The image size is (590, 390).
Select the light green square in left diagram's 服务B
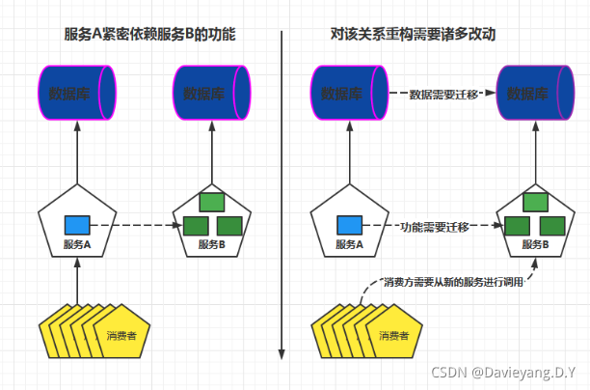coord(211,203)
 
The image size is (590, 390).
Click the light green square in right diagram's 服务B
coord(534,203)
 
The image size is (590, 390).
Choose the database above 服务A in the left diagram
coord(75,94)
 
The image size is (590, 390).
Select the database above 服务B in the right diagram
coord(534,94)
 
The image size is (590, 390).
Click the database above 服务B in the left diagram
coord(211,94)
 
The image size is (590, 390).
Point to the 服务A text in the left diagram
coord(75,244)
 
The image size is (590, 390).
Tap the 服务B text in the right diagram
coord(534,244)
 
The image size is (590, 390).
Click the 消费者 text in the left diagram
coord(122,336)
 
